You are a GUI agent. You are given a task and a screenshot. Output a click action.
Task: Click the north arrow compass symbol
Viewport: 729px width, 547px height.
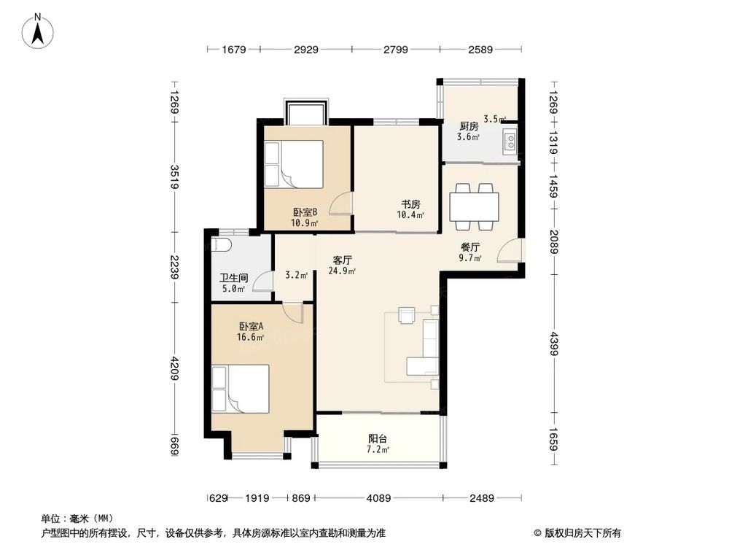click(x=38, y=31)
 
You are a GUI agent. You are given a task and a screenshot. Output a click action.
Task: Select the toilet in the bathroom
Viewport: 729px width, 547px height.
click(x=220, y=244)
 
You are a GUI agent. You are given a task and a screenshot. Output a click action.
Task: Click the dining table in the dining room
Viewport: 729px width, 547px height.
click(x=475, y=206)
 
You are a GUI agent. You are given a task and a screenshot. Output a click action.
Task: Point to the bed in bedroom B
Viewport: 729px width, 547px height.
click(x=294, y=164)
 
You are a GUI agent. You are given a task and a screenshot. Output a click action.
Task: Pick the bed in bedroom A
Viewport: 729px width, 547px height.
click(x=241, y=389)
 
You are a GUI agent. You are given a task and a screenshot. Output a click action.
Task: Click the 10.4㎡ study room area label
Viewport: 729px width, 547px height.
click(x=410, y=215)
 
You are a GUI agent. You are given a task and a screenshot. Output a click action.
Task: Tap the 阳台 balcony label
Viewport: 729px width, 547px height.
click(x=378, y=438)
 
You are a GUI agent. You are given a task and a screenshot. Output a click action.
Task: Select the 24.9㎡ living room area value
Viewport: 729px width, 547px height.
click(x=342, y=271)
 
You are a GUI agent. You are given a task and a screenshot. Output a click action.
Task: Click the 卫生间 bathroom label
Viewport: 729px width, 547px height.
click(x=234, y=278)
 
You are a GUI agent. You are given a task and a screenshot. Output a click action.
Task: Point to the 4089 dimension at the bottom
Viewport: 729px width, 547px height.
click(x=379, y=498)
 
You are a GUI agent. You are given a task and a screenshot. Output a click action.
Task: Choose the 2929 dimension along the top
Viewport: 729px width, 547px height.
click(x=306, y=50)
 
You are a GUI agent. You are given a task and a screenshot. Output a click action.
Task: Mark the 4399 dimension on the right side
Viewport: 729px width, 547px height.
click(x=553, y=344)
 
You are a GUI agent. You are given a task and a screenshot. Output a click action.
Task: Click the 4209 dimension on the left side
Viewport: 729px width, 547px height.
click(x=174, y=368)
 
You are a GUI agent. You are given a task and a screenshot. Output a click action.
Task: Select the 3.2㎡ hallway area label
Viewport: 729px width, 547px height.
click(x=296, y=275)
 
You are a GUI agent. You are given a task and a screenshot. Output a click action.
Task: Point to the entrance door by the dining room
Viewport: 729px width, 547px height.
click(x=510, y=250)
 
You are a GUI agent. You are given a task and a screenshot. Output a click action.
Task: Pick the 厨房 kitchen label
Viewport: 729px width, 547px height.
click(x=469, y=126)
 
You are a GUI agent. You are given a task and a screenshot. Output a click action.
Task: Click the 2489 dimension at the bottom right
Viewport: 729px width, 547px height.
click(x=482, y=498)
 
